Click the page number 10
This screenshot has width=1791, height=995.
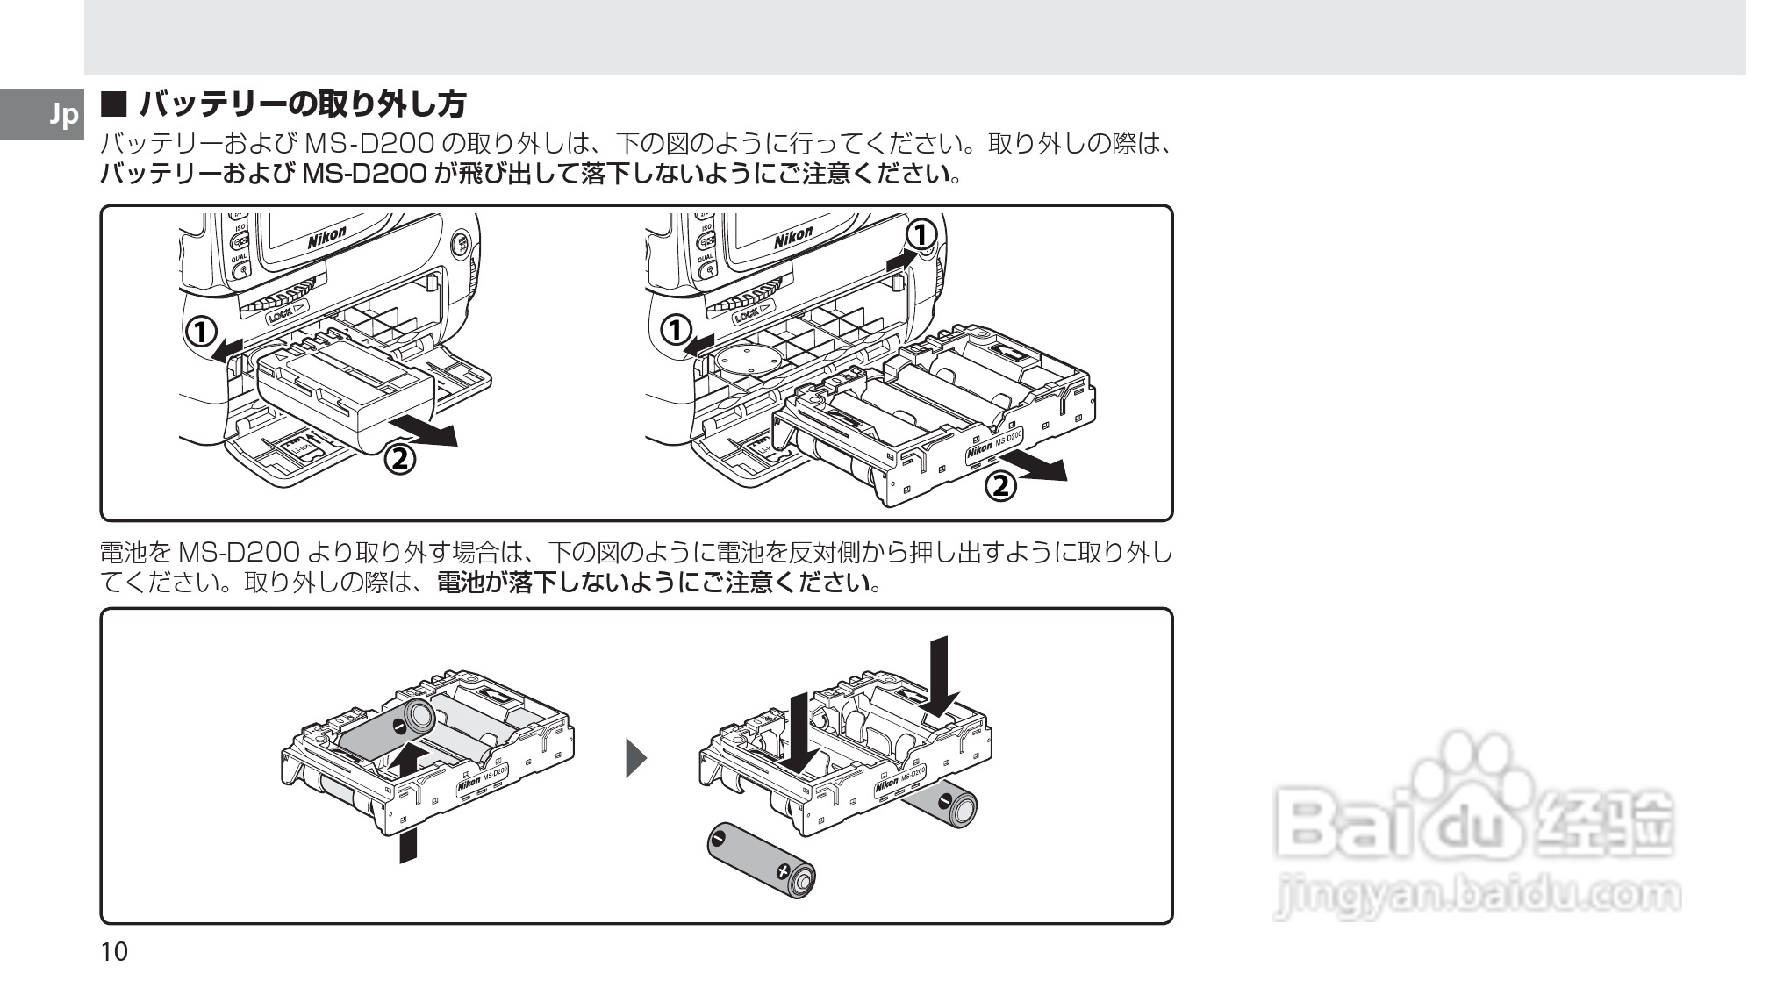[x=114, y=952]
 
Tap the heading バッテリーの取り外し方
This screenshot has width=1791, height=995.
[x=302, y=105]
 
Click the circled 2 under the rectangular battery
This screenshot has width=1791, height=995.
[x=399, y=458]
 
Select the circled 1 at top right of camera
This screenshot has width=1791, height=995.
[x=921, y=234]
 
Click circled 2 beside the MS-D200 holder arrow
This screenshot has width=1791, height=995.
[x=1000, y=484]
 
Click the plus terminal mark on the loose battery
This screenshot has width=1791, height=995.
[x=782, y=872]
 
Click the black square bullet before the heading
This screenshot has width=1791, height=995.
[x=115, y=106]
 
